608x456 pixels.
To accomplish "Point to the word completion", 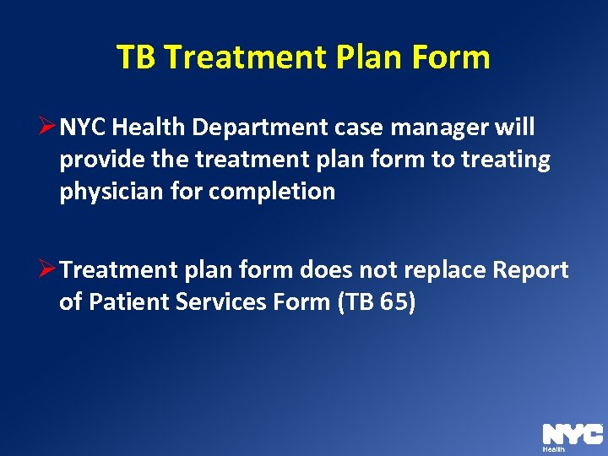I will pyautogui.click(x=272, y=192).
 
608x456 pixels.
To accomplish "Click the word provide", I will pyautogui.click(x=95, y=160).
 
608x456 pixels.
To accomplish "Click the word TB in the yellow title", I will pyautogui.click(x=137, y=57).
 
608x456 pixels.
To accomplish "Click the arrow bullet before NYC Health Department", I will pyautogui.click(x=49, y=128).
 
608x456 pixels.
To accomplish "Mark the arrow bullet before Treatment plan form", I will pyautogui.click(x=49, y=270).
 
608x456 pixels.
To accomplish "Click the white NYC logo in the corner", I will pyautogui.click(x=572, y=434).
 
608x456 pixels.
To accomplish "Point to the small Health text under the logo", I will pyautogui.click(x=554, y=450).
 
